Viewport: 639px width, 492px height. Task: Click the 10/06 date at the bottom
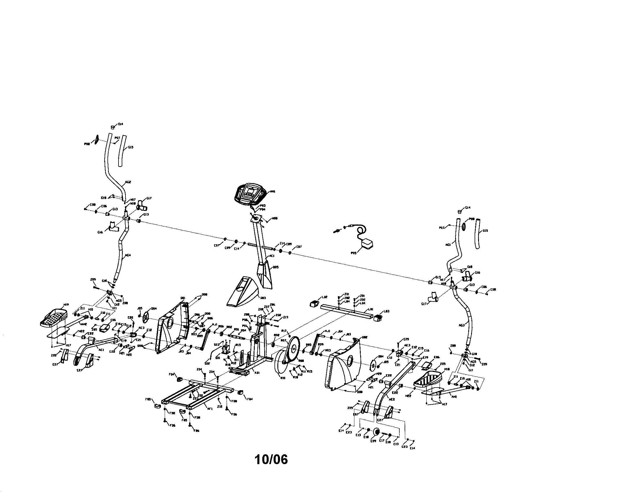click(x=271, y=460)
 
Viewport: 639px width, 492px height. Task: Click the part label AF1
click(x=209, y=409)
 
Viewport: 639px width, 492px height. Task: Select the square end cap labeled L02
click(x=315, y=304)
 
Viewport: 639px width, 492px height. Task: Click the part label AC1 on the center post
click(x=272, y=256)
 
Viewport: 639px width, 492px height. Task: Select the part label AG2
click(x=128, y=182)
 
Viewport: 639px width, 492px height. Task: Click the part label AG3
click(x=462, y=325)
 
